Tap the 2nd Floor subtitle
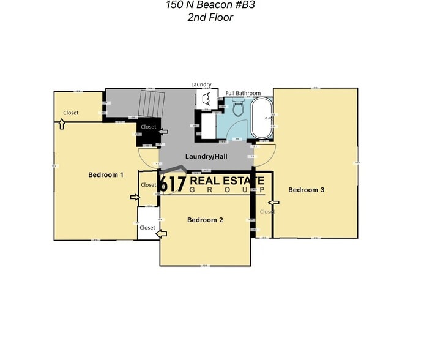(210, 17)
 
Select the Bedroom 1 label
(106, 175)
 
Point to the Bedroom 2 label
(205, 220)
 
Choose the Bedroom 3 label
(307, 190)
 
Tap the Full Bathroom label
(243, 93)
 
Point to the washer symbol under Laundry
(205, 100)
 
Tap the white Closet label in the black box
(149, 127)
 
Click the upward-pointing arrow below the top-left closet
(62, 124)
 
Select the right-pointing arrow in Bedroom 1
(135, 197)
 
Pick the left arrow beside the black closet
(163, 131)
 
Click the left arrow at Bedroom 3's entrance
(273, 202)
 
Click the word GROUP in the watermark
(226, 190)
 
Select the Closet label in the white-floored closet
(147, 228)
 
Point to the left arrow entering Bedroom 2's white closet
(162, 234)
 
